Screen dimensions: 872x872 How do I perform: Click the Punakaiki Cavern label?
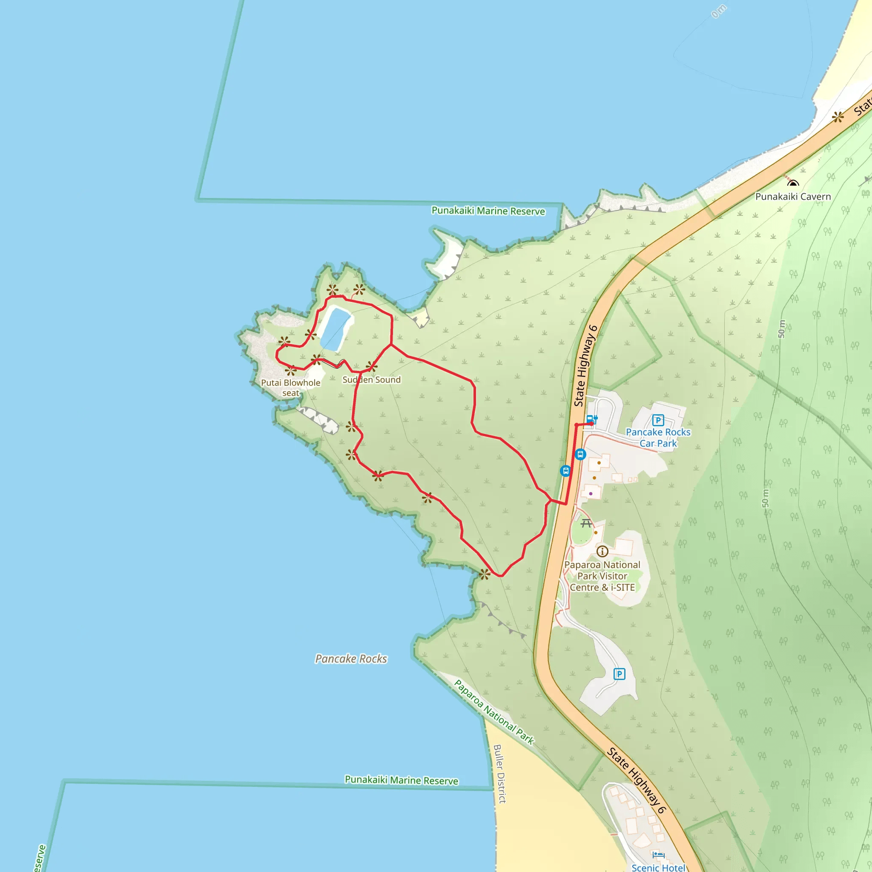(793, 197)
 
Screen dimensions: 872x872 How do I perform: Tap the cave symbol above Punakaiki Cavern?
(793, 183)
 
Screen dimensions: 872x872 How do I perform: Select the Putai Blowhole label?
(291, 383)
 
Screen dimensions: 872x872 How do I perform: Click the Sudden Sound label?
(371, 379)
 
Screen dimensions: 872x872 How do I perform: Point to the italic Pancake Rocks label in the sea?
(351, 659)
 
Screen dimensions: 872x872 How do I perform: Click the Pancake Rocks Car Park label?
(658, 437)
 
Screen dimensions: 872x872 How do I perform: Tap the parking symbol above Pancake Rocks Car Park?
(658, 420)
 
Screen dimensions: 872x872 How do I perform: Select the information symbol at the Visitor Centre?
(602, 551)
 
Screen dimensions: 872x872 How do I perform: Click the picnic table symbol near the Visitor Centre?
(586, 524)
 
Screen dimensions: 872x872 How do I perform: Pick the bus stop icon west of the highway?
(565, 471)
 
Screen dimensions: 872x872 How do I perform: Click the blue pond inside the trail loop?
(335, 329)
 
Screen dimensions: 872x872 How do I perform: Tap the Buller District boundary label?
(499, 774)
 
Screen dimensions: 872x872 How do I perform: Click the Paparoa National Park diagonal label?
(494, 713)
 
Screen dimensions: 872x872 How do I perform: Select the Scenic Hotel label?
(658, 867)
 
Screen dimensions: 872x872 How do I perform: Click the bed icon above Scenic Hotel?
(658, 855)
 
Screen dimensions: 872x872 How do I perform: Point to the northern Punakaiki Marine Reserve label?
(488, 211)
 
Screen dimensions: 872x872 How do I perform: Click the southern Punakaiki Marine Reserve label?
(401, 780)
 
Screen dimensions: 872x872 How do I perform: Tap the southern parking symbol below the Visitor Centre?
(619, 674)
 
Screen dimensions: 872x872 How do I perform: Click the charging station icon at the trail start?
(592, 420)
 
